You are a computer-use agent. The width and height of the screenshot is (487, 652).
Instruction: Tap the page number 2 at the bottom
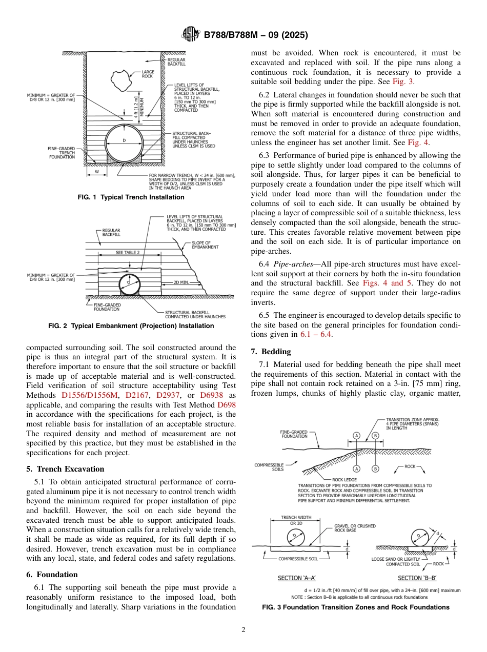pyautogui.click(x=243, y=630)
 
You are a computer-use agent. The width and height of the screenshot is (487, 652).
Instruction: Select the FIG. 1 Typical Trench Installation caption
pyautogui.click(x=131, y=197)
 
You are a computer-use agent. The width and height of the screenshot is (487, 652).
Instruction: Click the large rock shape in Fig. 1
pyautogui.click(x=123, y=79)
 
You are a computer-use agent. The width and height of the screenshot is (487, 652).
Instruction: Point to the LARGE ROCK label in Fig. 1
pyautogui.click(x=148, y=74)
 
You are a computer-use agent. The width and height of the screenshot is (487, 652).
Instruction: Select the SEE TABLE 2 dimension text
pyautogui.click(x=128, y=253)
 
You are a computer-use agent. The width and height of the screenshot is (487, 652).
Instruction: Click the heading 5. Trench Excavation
pyautogui.click(x=65, y=469)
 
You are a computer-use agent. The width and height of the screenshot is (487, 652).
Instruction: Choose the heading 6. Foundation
pyautogui.click(x=52, y=575)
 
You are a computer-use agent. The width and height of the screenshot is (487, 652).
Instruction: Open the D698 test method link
pyautogui.click(x=227, y=405)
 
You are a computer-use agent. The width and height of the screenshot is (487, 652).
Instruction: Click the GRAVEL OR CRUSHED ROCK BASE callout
pyautogui.click(x=355, y=528)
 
